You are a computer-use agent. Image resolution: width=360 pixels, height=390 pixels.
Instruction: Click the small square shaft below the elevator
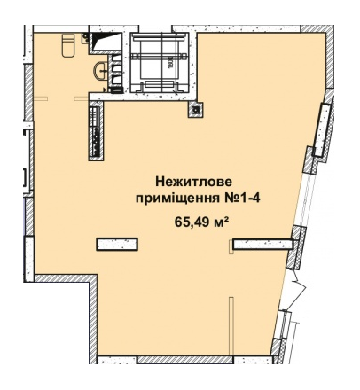[193, 111]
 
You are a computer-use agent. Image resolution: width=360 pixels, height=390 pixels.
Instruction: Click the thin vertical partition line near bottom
[229, 328]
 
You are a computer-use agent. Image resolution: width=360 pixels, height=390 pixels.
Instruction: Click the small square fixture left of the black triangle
[84, 39]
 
